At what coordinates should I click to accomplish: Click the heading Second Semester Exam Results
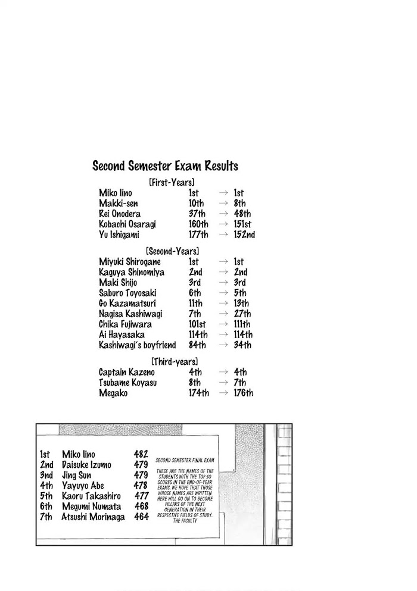click(165, 167)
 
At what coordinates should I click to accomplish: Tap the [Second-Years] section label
click(172, 251)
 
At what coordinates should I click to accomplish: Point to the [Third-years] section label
click(174, 361)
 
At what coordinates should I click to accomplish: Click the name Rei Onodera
click(120, 214)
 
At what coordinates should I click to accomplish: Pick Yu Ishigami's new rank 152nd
click(244, 234)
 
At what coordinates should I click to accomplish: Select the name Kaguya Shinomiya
click(132, 272)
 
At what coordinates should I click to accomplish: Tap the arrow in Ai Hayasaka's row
click(223, 334)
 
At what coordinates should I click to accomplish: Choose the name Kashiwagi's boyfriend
click(137, 345)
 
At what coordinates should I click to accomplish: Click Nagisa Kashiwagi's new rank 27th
click(242, 314)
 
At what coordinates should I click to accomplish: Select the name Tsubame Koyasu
click(127, 383)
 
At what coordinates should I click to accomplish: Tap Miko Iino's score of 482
click(141, 455)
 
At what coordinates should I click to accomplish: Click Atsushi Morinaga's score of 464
click(141, 517)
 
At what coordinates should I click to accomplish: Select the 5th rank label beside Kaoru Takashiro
click(46, 496)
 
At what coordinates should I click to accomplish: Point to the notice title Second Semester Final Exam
click(184, 460)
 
